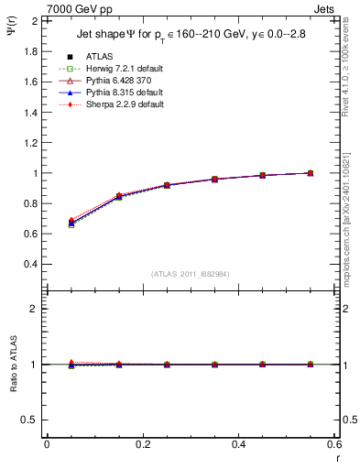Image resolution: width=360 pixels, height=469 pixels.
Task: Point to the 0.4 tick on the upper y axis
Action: tap(30, 264)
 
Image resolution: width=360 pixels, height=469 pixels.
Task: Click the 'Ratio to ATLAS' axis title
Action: tap(12, 364)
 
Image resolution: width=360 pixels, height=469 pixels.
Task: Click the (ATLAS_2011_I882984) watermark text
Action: tap(190, 274)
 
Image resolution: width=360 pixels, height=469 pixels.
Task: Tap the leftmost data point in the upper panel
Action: tap(71, 223)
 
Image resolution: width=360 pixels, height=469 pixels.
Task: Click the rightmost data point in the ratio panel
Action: tap(310, 365)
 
